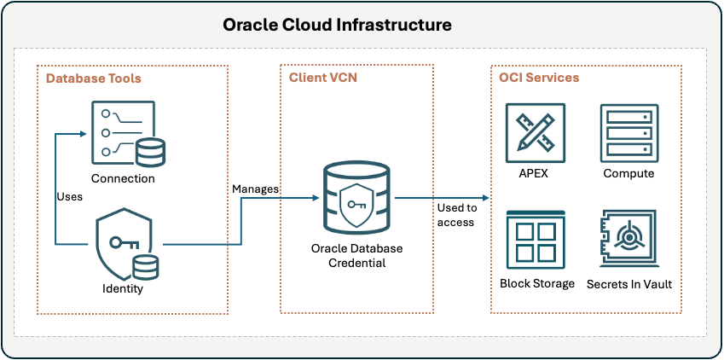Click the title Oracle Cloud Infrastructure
[x=337, y=25]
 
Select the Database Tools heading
[x=94, y=78]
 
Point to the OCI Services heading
[x=539, y=78]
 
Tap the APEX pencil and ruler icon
[x=535, y=132]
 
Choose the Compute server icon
[x=628, y=132]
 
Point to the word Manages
[x=256, y=189]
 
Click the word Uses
[x=70, y=196]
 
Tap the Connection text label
[x=124, y=178]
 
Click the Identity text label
[x=123, y=288]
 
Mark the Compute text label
[x=628, y=173]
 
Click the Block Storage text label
[x=537, y=283]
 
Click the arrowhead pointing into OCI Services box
[x=485, y=198]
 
